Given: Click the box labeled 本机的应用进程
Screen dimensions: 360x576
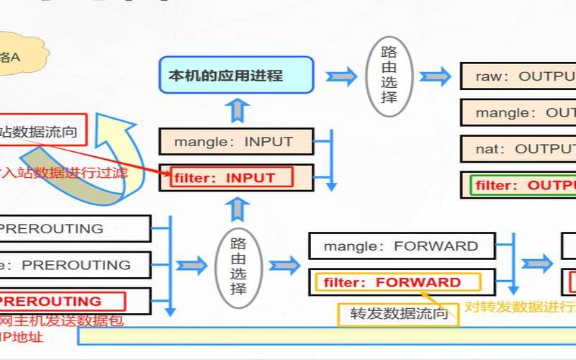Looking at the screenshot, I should click(236, 75).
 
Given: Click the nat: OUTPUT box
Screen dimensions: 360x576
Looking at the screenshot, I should click(518, 149).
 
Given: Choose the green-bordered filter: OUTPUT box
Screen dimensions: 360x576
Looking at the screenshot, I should click(523, 185).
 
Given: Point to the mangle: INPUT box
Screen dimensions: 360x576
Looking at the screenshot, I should click(235, 142).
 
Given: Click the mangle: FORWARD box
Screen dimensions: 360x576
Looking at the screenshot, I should click(401, 246).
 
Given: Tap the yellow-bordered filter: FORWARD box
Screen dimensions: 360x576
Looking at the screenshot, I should click(396, 282).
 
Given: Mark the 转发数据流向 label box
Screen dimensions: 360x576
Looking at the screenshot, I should click(398, 313).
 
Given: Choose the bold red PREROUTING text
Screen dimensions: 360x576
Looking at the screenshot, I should click(50, 301).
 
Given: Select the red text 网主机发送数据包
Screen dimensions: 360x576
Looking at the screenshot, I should click(60, 321).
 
